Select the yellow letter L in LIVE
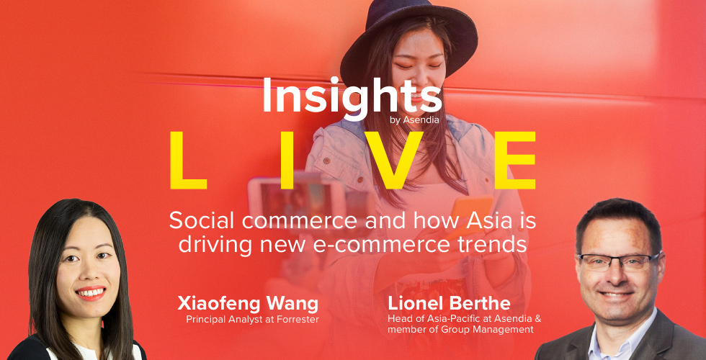click(188, 160)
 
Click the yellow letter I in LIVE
click(287, 160)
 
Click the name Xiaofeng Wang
click(248, 304)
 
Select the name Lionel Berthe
click(450, 304)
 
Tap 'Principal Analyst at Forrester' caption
click(252, 320)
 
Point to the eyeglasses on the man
click(619, 261)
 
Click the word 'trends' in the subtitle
click(505, 245)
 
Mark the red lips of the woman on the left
click(91, 293)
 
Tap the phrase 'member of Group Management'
click(460, 330)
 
